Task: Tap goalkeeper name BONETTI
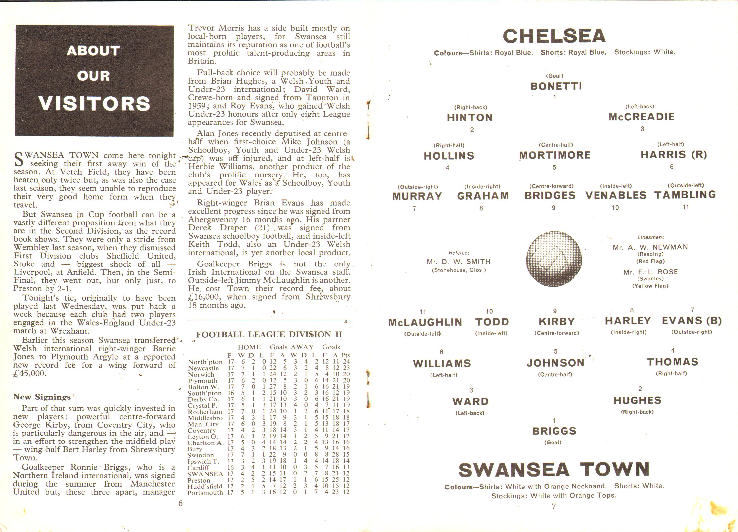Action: (x=556, y=86)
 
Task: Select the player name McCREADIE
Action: (x=641, y=117)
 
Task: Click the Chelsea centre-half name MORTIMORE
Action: (x=555, y=155)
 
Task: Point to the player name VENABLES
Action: (x=616, y=195)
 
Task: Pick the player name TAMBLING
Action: (x=685, y=195)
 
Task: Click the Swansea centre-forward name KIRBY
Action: (x=557, y=321)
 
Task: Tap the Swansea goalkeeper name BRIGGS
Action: (x=554, y=431)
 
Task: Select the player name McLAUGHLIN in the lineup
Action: (x=425, y=322)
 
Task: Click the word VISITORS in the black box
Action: (x=94, y=103)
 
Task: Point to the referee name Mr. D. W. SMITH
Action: (x=459, y=261)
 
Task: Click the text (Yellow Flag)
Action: (x=650, y=286)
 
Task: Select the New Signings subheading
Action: (x=42, y=397)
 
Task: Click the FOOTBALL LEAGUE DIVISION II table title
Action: (x=269, y=335)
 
